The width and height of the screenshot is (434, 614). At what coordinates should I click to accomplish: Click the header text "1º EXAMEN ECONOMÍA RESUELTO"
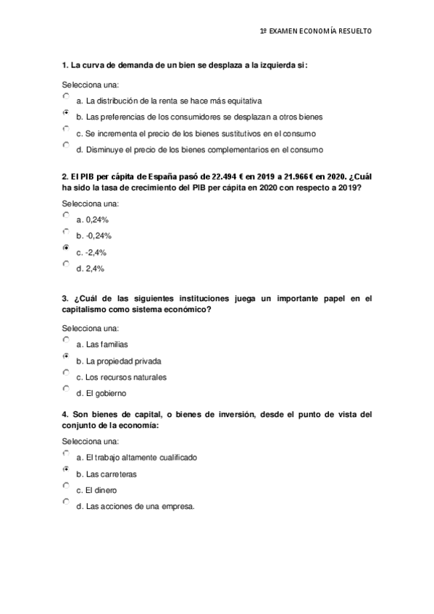(x=315, y=31)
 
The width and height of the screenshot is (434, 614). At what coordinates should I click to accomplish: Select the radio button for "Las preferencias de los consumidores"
(x=66, y=113)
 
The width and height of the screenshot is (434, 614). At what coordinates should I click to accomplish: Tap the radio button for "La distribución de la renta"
(x=66, y=96)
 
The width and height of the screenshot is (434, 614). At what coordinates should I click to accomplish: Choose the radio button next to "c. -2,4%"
(x=66, y=248)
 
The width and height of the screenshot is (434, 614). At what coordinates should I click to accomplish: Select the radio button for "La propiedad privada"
(x=66, y=357)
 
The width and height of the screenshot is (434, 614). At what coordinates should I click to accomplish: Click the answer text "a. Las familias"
(x=101, y=344)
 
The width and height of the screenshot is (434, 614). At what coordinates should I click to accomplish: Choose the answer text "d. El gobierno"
(x=101, y=393)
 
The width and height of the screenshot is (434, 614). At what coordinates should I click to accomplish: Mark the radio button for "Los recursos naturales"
(x=66, y=373)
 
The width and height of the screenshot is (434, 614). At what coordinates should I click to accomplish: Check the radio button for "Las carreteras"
(x=66, y=470)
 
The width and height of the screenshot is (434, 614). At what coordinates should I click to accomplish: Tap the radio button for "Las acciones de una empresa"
(x=66, y=501)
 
